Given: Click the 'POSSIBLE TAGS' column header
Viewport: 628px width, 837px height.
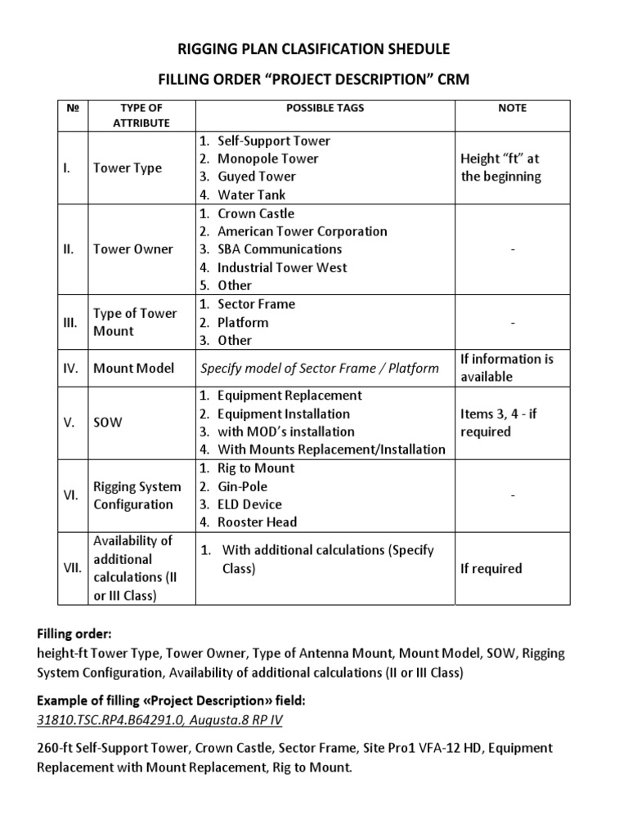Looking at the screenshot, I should click(x=325, y=108).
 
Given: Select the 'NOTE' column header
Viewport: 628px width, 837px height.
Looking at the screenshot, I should click(x=512, y=108).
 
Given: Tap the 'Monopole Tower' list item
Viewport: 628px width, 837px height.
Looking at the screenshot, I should click(x=267, y=159).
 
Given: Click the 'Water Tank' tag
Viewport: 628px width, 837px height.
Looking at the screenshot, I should click(x=251, y=195).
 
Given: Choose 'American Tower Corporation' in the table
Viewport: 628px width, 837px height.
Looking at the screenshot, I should click(x=302, y=231).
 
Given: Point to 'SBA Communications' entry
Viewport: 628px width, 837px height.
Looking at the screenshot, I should click(x=280, y=249).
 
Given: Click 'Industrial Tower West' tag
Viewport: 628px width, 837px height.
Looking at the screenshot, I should click(x=282, y=267).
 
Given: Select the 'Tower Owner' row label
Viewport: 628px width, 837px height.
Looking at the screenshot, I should click(x=133, y=249).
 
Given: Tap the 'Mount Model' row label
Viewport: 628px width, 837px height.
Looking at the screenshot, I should click(x=134, y=368).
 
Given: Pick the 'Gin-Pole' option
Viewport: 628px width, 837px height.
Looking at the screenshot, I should click(x=243, y=486).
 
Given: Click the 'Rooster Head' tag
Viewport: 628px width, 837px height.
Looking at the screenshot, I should click(x=257, y=522).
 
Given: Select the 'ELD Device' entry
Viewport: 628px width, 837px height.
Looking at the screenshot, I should click(x=249, y=504).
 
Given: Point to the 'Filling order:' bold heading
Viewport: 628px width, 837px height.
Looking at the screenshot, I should click(x=74, y=634).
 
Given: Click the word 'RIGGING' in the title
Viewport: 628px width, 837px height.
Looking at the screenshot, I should click(x=214, y=48).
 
